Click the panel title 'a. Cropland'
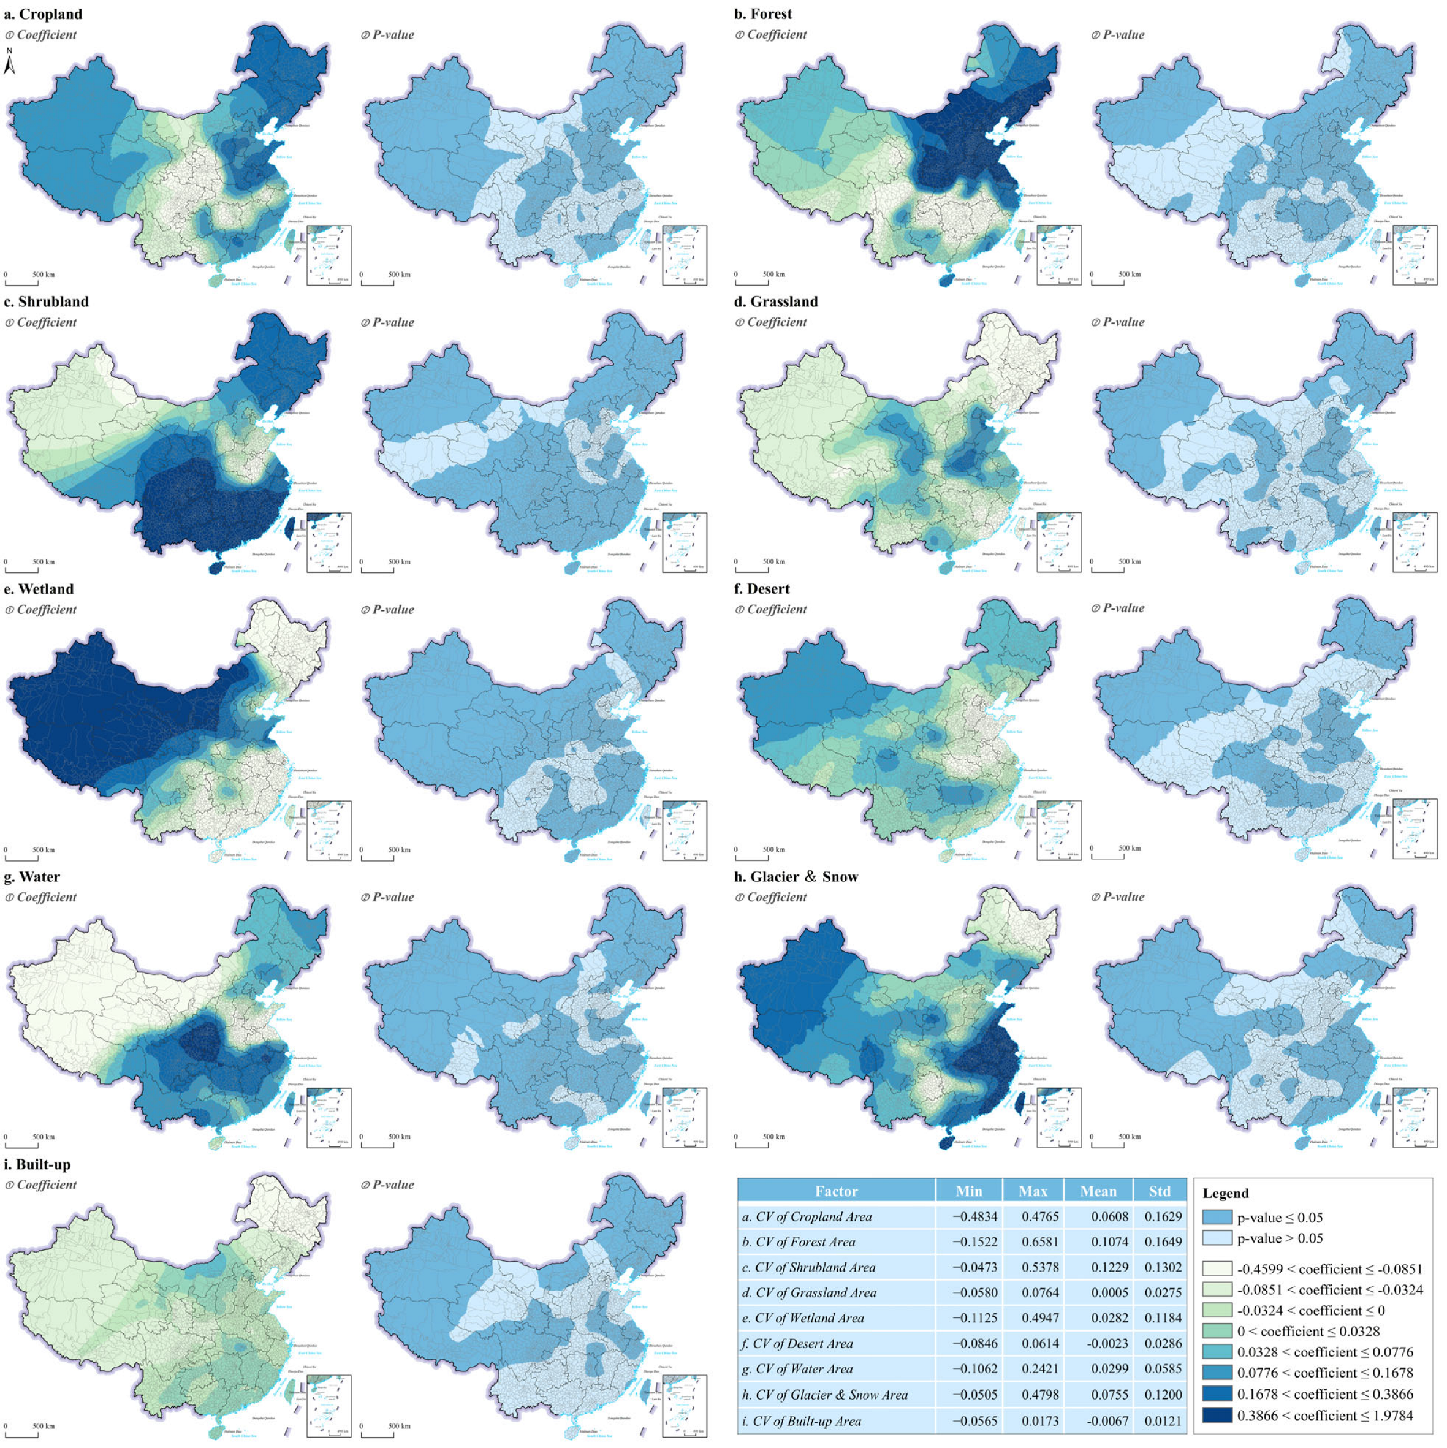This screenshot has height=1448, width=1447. (43, 14)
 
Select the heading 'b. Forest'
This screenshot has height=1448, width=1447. (762, 14)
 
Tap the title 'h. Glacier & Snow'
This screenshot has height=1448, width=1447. (796, 877)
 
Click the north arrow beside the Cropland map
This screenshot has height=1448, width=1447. (10, 63)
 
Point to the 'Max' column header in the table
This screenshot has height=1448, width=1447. (1033, 1191)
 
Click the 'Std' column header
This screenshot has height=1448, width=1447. (1159, 1191)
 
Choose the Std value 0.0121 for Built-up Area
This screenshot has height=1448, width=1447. (1163, 1420)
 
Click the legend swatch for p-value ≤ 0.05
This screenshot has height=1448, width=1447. (1217, 1217)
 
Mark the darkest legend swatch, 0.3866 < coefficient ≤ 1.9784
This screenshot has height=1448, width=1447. (1217, 1415)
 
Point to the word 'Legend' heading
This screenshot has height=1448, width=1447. (1225, 1193)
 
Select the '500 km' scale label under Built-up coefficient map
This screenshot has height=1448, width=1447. (43, 1425)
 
